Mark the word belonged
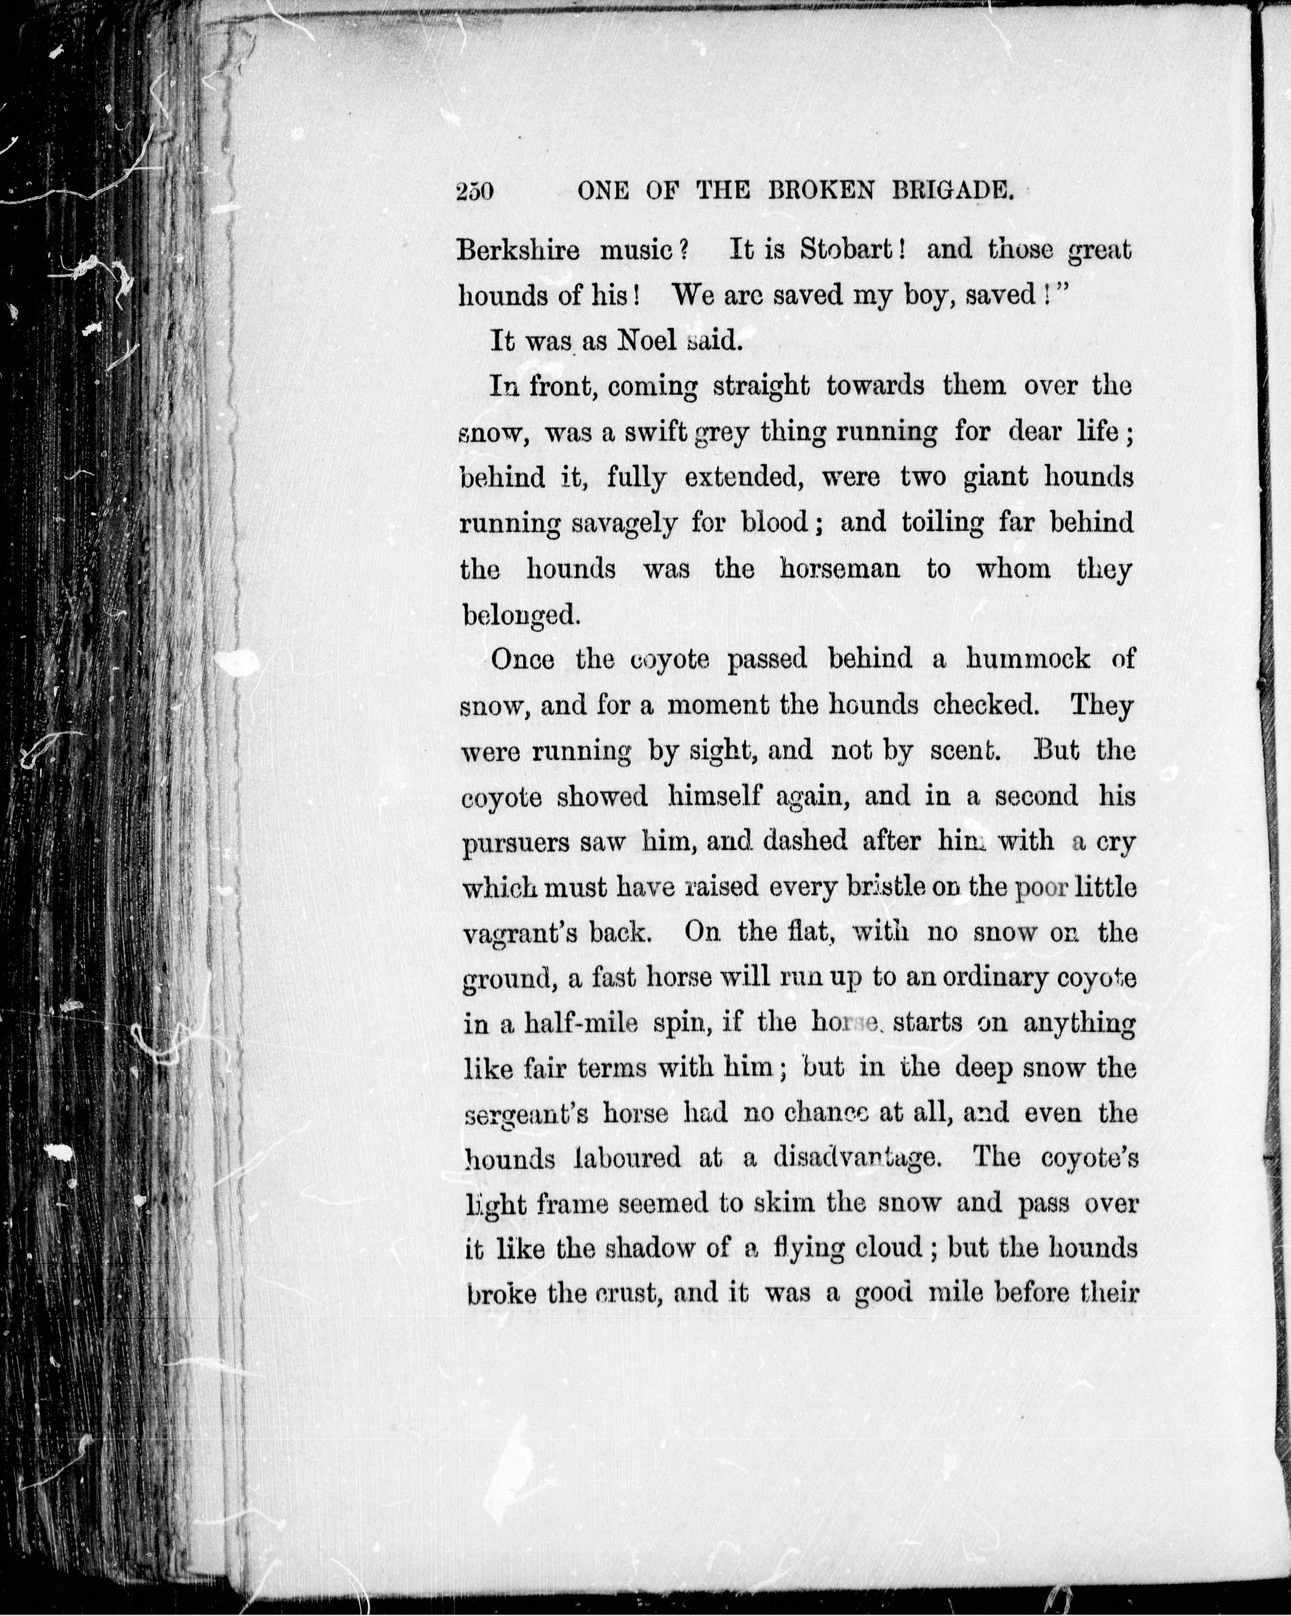520,616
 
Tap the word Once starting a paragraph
522,660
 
